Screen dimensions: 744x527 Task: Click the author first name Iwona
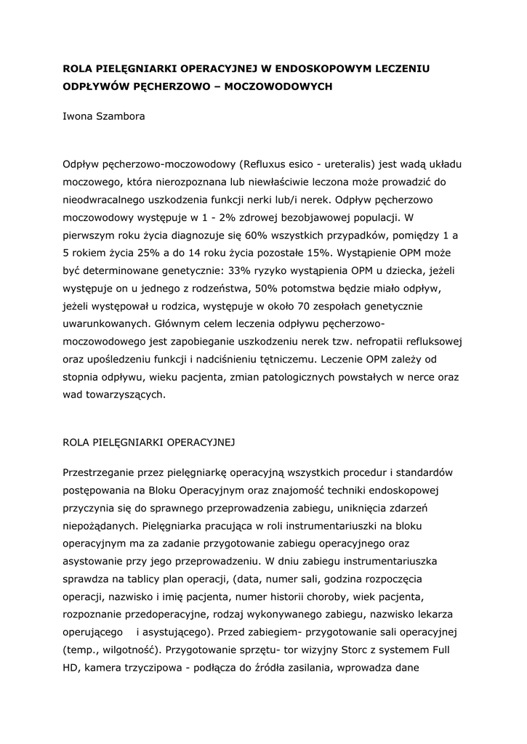[77, 116]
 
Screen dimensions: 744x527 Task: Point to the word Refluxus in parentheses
[269, 163]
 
